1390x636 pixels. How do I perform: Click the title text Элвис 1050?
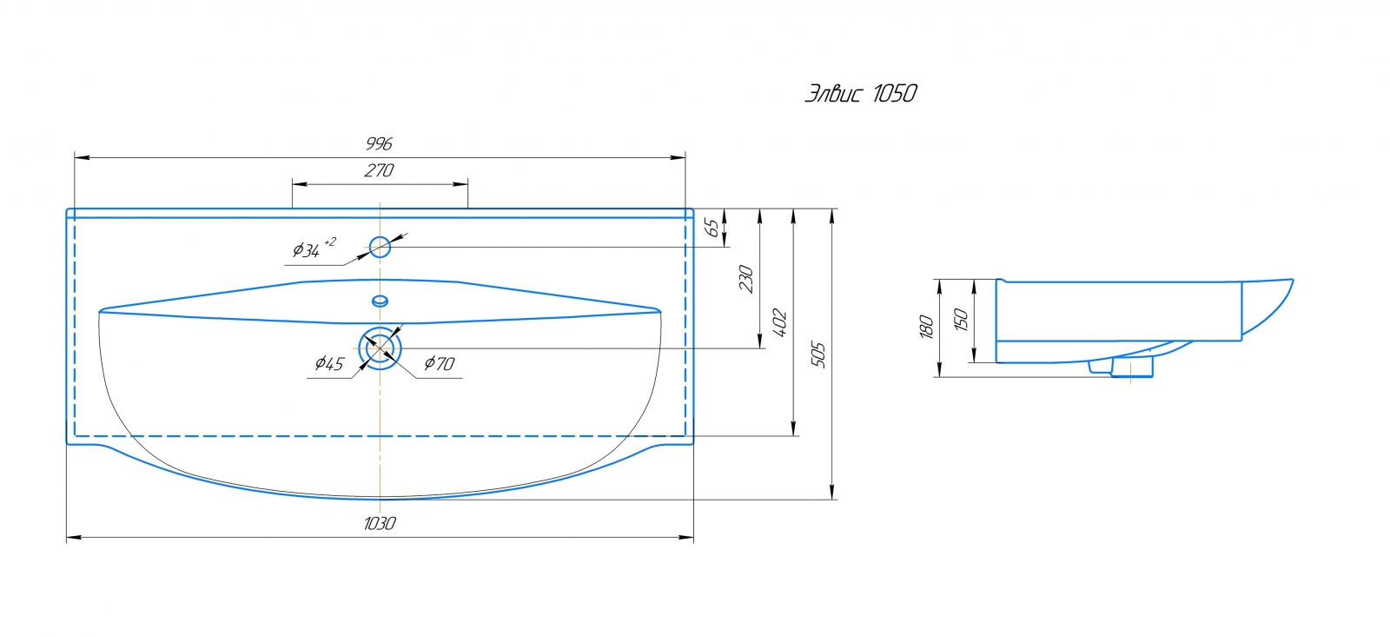tap(860, 94)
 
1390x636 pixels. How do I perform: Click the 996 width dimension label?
tap(379, 143)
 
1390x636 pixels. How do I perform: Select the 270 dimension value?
tap(379, 170)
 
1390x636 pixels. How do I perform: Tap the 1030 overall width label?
tap(380, 523)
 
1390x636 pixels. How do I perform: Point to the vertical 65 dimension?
tap(712, 228)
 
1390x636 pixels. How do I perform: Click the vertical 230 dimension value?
tap(746, 278)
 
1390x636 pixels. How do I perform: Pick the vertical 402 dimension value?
tap(780, 323)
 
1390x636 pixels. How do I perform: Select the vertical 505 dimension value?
tap(818, 354)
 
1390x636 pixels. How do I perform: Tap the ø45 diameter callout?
tap(329, 363)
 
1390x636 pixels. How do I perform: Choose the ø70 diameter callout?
tap(439, 363)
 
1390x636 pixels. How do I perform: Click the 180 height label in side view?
tap(926, 328)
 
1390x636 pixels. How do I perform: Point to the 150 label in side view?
tap(961, 320)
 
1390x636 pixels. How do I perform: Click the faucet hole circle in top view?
tap(380, 248)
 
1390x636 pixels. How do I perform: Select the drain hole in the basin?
tap(380, 348)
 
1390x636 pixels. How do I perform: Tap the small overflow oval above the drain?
tap(380, 301)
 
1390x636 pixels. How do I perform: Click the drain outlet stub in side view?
tap(1131, 368)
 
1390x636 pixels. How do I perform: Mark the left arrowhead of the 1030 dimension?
tap(71, 538)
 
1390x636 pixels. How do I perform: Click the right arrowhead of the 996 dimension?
tap(680, 157)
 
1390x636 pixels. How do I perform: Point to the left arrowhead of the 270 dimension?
tap(297, 184)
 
